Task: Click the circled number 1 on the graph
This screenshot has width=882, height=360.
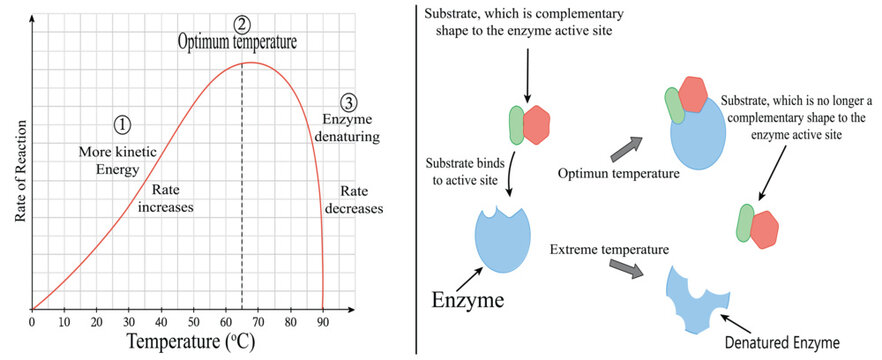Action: [x=121, y=125]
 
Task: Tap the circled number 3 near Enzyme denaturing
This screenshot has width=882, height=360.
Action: [x=348, y=103]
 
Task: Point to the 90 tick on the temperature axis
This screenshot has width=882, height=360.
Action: [x=322, y=323]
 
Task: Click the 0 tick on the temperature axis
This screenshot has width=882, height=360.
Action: [x=32, y=323]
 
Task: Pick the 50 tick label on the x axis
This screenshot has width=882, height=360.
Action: [x=193, y=323]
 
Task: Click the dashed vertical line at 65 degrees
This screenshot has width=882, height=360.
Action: [x=242, y=200]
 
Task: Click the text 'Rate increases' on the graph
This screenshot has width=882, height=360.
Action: [x=171, y=199]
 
